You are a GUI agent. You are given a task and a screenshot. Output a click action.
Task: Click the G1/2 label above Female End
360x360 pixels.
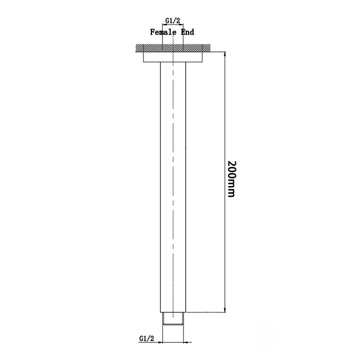[x=173, y=20]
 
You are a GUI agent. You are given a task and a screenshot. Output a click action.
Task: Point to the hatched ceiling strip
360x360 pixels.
[x=173, y=48]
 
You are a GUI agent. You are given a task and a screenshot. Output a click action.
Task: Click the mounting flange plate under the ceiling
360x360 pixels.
[x=173, y=57]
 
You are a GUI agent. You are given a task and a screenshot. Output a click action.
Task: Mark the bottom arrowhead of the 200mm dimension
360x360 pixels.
[x=224, y=310]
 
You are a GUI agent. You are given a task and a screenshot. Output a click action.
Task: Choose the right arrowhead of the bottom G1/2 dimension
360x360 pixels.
[x=186, y=342]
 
